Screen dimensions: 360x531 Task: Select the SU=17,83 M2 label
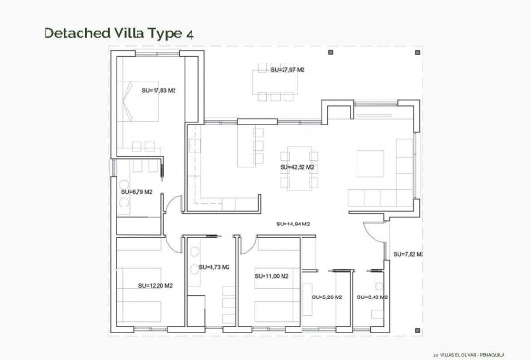(x=158, y=91)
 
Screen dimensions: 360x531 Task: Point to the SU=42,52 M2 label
(x=297, y=167)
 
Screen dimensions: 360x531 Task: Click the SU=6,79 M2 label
(x=137, y=193)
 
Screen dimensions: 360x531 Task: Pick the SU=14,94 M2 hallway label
(x=293, y=224)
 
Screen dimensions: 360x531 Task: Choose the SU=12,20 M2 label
(x=155, y=285)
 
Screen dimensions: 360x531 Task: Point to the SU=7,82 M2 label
(x=408, y=255)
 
